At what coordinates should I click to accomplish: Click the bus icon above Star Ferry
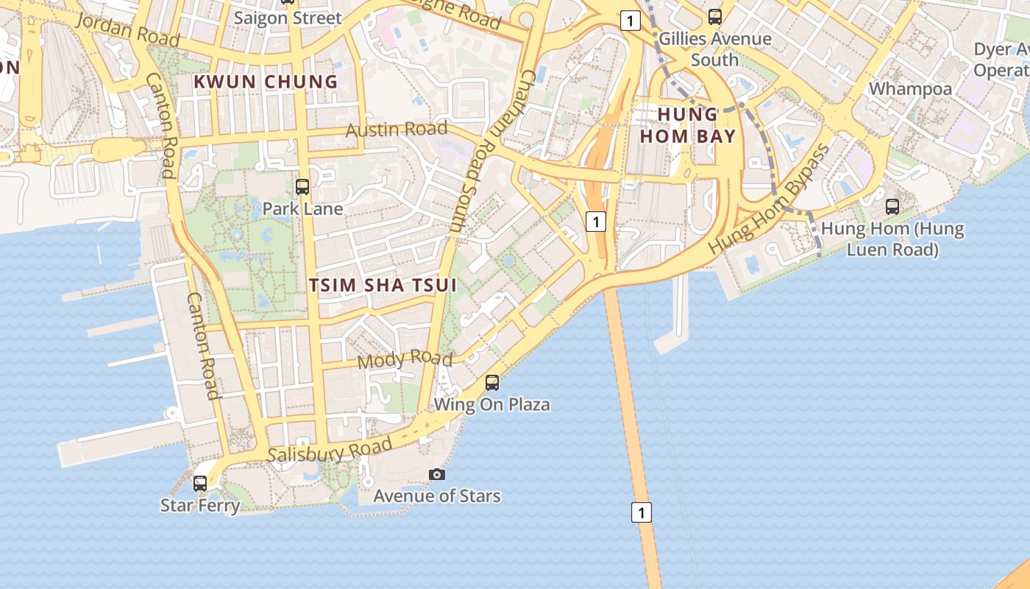point(200,484)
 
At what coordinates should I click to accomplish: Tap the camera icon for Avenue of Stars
point(437,474)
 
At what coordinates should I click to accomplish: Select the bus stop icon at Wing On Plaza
point(492,383)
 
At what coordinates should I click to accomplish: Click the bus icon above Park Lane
point(302,187)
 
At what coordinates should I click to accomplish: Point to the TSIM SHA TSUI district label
point(383,286)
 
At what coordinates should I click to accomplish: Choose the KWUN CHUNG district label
point(266,82)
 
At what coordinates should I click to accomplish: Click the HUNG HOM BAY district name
point(687,125)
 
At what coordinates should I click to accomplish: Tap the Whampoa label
point(910,89)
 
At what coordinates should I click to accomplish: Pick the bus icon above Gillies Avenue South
point(714,17)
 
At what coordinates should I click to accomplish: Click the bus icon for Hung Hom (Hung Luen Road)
point(892,207)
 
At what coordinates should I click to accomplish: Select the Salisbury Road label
point(329,451)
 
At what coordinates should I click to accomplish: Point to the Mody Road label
point(405,359)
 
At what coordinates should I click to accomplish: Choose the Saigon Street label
point(288,18)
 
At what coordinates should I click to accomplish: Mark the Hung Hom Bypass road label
point(770,200)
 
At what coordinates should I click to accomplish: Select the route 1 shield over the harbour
point(642,512)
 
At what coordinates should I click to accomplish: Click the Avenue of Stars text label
point(437,495)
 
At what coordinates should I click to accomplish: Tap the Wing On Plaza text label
point(491,405)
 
